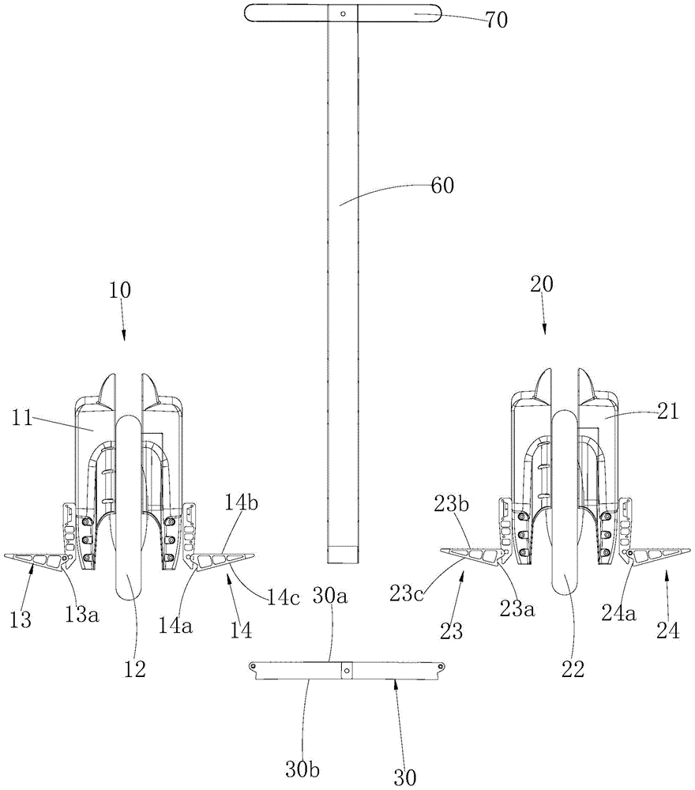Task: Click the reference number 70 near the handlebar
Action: point(496,21)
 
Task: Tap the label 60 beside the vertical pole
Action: point(442,186)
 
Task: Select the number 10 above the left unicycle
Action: point(120,290)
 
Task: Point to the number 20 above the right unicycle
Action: point(542,284)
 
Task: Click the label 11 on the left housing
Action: point(22,418)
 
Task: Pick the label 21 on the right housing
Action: point(668,412)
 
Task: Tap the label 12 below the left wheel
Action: point(134,668)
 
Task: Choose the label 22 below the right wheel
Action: point(573,668)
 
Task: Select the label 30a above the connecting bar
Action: point(330,596)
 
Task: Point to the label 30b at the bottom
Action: point(302,769)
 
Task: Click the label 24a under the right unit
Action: point(619,613)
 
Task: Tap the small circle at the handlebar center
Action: point(343,13)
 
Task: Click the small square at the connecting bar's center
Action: point(347,670)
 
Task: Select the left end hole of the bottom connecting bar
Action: point(253,667)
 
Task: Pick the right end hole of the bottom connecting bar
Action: point(441,667)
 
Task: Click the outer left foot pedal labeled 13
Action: point(36,560)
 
